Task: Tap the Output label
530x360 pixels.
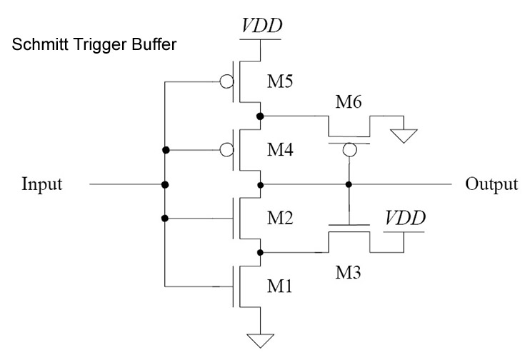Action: click(x=491, y=184)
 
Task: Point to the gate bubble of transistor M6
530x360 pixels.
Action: click(x=349, y=150)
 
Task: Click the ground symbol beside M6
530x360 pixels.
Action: click(x=404, y=134)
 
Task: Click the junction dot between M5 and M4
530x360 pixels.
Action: click(x=260, y=116)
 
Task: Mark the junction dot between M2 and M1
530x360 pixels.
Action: click(x=260, y=252)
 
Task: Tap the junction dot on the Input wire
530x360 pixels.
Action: click(x=165, y=184)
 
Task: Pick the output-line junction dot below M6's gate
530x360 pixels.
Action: click(x=349, y=184)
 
